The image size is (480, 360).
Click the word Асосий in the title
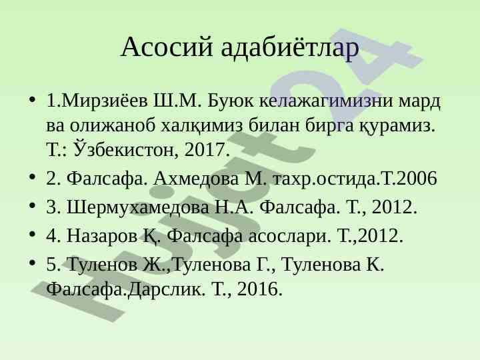[x=167, y=47]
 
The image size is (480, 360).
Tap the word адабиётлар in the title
[x=290, y=47]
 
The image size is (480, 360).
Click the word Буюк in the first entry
[x=230, y=100]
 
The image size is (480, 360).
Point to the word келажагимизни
[x=326, y=100]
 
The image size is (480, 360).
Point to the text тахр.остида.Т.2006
[x=354, y=179]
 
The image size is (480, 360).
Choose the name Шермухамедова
[x=138, y=207]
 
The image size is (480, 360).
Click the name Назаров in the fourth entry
[x=102, y=236]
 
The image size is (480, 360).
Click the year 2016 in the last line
[x=259, y=289]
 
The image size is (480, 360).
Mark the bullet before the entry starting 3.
[x=32, y=205]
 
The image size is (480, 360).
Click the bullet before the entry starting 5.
[x=32, y=263]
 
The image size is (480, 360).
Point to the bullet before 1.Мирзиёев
[x=32, y=99]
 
